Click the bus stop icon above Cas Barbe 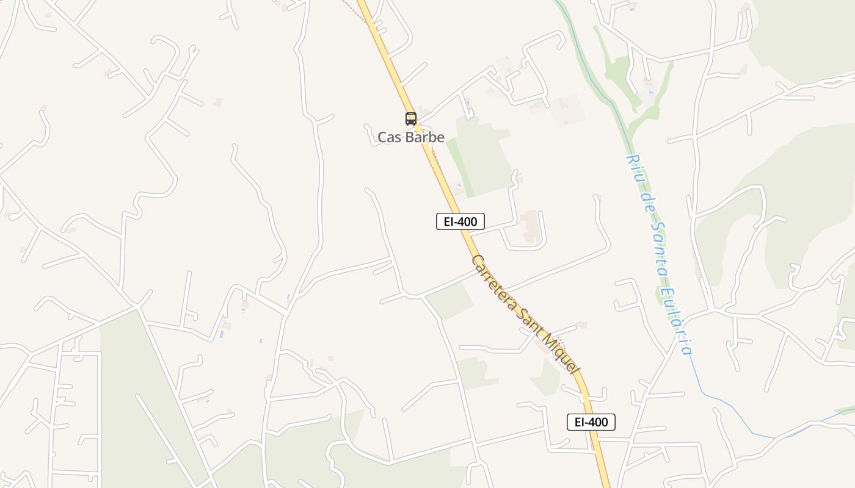click(410, 119)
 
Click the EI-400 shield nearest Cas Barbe click(460, 221)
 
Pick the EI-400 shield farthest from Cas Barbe click(591, 422)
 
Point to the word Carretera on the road click(495, 284)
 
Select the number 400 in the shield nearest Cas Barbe click(467, 221)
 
